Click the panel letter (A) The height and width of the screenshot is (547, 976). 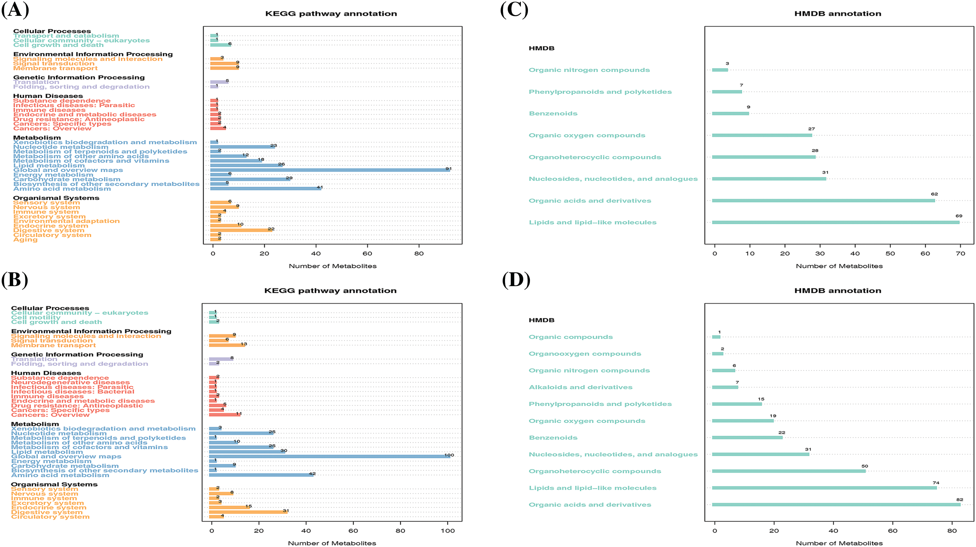coord(15,10)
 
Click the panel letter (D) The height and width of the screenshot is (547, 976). coord(516,281)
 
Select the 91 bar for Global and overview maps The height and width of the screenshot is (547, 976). coord(330,170)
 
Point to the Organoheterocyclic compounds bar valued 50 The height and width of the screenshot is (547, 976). coord(789,471)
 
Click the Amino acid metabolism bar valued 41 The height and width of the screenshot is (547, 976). coord(265,189)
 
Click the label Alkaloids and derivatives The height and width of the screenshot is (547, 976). coord(581,387)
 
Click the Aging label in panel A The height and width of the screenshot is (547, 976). coord(25,239)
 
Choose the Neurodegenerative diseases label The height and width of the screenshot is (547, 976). coord(70,383)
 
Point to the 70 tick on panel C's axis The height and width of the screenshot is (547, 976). coord(960,253)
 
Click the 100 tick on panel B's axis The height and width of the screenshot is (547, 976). coord(447,531)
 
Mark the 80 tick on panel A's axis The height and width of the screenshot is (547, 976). coord(419,253)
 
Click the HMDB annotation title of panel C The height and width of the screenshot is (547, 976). coord(837,13)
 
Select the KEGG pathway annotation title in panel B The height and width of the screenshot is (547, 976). coord(330,291)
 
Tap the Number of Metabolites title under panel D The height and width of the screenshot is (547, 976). coord(839,543)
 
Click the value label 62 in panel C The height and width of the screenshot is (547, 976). coord(934,194)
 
